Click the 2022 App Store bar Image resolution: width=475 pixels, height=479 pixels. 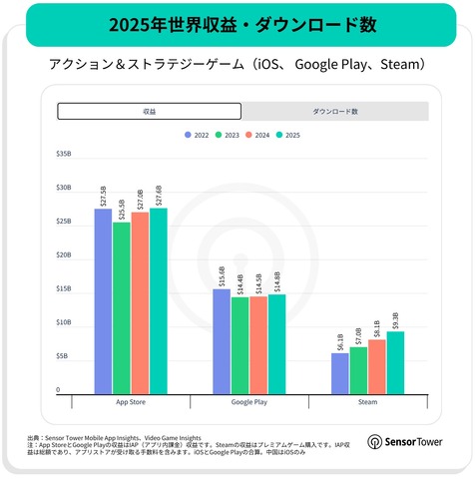pyautogui.click(x=103, y=299)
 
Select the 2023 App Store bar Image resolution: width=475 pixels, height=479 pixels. pyautogui.click(x=121, y=306)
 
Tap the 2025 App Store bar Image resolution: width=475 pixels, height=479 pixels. pyautogui.click(x=158, y=299)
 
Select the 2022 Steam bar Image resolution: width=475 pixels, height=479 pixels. pyautogui.click(x=340, y=371)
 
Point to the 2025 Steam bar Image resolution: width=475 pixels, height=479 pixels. pyautogui.click(x=395, y=360)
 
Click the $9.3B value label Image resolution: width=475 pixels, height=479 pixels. pyautogui.click(x=396, y=320)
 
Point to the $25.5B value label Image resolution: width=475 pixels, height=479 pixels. pyautogui.click(x=122, y=211)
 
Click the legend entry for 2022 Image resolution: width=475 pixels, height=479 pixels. pyautogui.click(x=196, y=134)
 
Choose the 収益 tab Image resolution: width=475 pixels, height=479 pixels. pyautogui.click(x=149, y=111)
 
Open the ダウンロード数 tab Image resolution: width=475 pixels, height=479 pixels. pyautogui.click(x=335, y=111)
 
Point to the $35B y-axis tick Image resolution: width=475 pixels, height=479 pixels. pyautogui.click(x=64, y=154)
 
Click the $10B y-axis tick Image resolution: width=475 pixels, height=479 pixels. pyautogui.click(x=64, y=322)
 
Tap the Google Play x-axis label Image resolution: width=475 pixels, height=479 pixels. pyautogui.click(x=248, y=402)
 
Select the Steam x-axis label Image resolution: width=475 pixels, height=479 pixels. pyautogui.click(x=367, y=402)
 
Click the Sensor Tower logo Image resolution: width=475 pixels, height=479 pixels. pyautogui.click(x=409, y=440)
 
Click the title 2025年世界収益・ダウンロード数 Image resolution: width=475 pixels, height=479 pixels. pyautogui.click(x=237, y=22)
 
